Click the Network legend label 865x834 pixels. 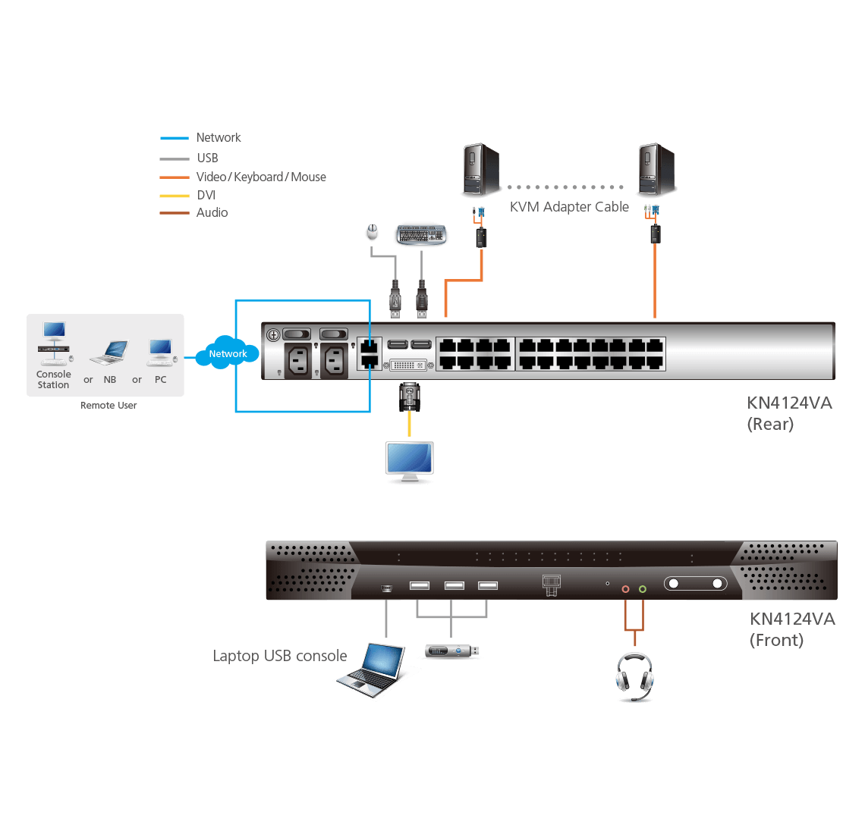[x=219, y=137]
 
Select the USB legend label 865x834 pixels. [x=207, y=158]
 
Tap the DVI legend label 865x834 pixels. [x=206, y=195]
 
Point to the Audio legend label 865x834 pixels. [x=212, y=212]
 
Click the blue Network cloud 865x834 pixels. [x=228, y=353]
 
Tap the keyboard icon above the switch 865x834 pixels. [x=420, y=234]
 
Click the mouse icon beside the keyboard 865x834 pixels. [x=372, y=231]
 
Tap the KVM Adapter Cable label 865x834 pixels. [x=569, y=206]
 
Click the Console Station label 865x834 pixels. [x=53, y=379]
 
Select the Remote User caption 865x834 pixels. [x=109, y=406]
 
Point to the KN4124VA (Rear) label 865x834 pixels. [x=789, y=413]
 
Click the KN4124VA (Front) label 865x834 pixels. [x=792, y=629]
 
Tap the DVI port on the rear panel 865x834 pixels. [x=408, y=365]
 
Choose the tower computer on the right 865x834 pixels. [x=656, y=171]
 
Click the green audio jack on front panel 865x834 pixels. [x=643, y=588]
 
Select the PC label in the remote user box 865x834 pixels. [x=160, y=379]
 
